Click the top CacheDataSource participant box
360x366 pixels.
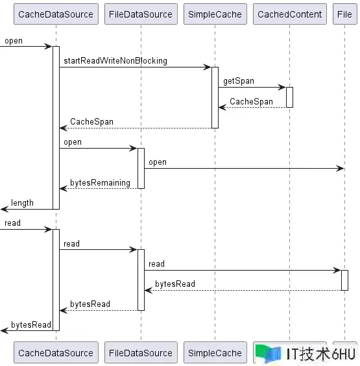tap(56, 14)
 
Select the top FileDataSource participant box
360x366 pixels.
tap(141, 14)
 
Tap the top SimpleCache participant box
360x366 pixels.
tap(215, 14)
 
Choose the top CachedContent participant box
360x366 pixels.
tap(290, 14)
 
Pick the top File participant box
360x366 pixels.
tap(345, 14)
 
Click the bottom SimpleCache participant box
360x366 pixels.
tap(215, 352)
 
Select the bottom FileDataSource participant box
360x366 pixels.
tap(141, 352)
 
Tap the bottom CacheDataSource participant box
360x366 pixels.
tap(56, 352)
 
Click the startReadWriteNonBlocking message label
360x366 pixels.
tap(115, 61)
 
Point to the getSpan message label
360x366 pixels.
tap(239, 81)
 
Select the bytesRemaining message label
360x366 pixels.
tap(101, 182)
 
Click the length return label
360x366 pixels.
tap(23, 203)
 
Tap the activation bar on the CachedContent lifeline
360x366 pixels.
tap(289, 97)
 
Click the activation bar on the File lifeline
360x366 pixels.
tap(344, 280)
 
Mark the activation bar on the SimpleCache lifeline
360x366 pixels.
tap(215, 97)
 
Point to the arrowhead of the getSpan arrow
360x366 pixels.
tap(282, 88)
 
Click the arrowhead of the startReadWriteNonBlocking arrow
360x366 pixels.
tap(207, 67)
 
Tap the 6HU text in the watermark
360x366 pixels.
tap(343, 354)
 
